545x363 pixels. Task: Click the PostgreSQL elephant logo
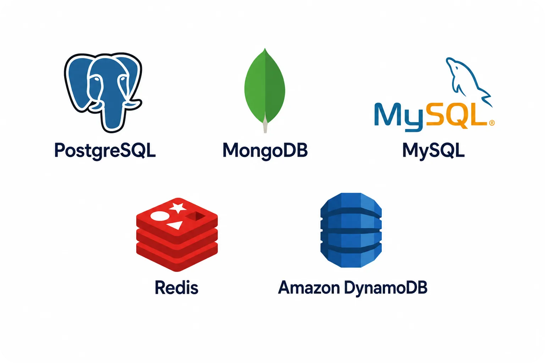tap(103, 93)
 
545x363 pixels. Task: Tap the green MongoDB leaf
tap(265, 88)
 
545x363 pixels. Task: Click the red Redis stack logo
tap(177, 234)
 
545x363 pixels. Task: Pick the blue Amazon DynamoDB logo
tap(351, 230)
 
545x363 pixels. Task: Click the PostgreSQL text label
tap(105, 151)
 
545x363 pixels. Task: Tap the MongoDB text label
tap(265, 151)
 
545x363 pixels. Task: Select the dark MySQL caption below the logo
tap(434, 151)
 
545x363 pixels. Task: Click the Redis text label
tap(177, 287)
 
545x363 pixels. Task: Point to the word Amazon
tap(309, 287)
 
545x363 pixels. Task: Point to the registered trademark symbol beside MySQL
tap(492, 123)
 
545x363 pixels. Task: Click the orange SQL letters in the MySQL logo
tap(457, 116)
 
